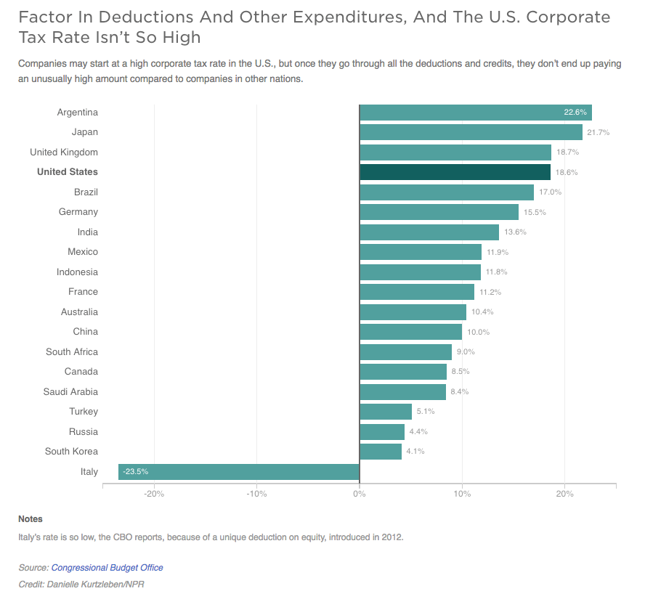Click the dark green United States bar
point(455,172)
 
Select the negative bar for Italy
point(238,472)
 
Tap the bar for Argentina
point(475,113)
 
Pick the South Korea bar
point(381,452)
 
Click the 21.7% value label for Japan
point(599,133)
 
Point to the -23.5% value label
point(135,472)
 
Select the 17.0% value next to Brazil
point(550,192)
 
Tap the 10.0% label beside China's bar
point(478,333)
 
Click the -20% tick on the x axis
point(154,494)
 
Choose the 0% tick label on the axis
point(359,494)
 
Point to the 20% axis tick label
point(564,494)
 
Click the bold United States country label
point(67,172)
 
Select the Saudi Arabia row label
point(70,392)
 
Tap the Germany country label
point(78,212)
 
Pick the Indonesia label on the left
point(77,272)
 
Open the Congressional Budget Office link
point(107,568)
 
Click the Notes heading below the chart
point(31,519)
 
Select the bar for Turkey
point(386,412)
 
